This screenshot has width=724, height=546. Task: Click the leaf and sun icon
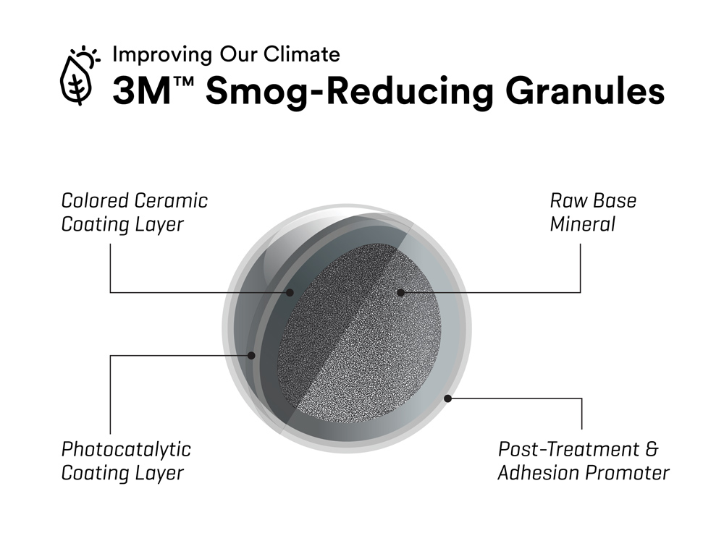click(x=80, y=76)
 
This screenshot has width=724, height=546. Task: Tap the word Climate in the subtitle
click(x=302, y=54)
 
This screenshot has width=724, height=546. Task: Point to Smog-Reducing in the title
click(x=350, y=93)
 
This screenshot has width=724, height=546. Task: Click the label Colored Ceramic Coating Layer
click(x=135, y=213)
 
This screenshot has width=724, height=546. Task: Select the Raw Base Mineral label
click(x=593, y=213)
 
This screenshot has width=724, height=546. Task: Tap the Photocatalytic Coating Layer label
click(x=126, y=461)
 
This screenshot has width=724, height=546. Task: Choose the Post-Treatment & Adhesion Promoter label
click(x=584, y=461)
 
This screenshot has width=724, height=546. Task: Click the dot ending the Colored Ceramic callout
click(x=290, y=292)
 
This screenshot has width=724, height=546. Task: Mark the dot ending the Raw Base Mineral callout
click(x=401, y=292)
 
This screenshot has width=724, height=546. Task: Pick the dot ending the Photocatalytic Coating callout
click(x=251, y=356)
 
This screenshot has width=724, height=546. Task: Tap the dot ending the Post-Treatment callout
click(x=447, y=398)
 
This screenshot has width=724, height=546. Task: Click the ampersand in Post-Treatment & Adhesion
click(x=652, y=449)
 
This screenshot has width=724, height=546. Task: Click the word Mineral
click(x=583, y=225)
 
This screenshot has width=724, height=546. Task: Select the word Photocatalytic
click(x=126, y=450)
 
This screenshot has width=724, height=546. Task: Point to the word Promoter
click(x=627, y=473)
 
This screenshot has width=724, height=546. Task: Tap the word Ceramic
click(x=172, y=200)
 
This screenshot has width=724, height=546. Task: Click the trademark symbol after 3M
click(x=182, y=82)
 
